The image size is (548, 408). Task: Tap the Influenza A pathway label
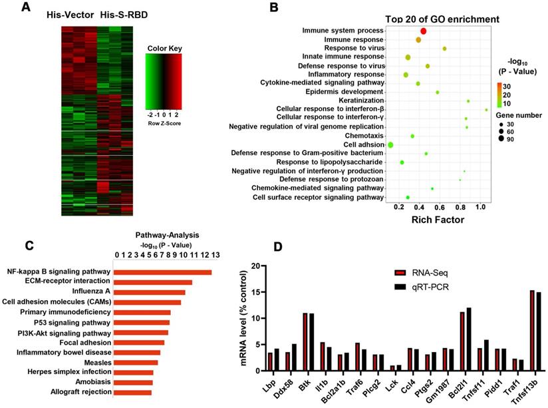pyautogui.click(x=92, y=291)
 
